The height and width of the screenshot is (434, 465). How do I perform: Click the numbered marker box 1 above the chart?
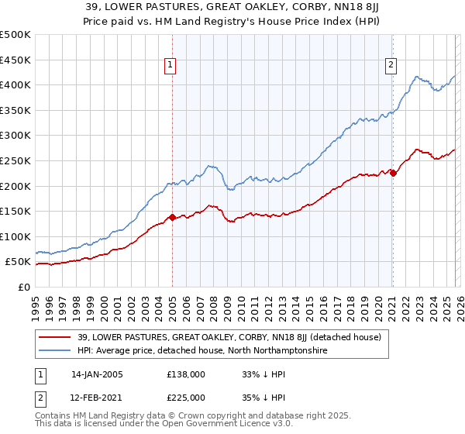click(x=170, y=66)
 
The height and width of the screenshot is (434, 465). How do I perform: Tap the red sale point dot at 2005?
click(x=172, y=218)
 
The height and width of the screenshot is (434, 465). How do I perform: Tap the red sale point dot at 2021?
click(x=393, y=174)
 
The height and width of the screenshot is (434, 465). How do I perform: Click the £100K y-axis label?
click(x=17, y=236)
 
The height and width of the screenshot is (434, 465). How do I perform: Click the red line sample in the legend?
click(x=53, y=337)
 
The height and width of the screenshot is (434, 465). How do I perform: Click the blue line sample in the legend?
click(x=53, y=351)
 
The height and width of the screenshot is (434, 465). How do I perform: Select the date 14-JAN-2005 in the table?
click(x=97, y=374)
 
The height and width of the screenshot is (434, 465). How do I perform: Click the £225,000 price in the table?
click(x=186, y=397)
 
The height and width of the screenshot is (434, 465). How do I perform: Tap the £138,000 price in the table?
click(x=186, y=374)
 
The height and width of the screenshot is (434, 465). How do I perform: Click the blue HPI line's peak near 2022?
click(x=417, y=77)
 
